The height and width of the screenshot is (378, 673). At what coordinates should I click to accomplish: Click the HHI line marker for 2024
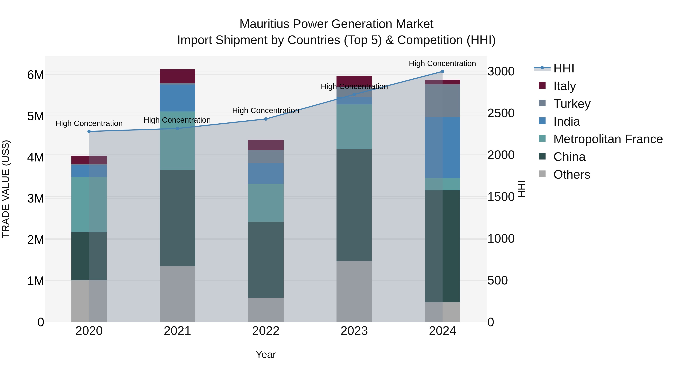click(442, 71)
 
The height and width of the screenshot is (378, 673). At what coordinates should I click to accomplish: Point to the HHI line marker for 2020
click(89, 131)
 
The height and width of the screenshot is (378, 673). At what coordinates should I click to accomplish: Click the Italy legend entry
click(564, 86)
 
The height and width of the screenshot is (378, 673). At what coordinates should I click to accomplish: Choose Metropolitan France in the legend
click(608, 139)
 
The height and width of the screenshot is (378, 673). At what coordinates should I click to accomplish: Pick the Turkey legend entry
click(572, 104)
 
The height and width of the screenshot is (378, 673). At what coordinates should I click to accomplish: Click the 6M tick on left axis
click(36, 75)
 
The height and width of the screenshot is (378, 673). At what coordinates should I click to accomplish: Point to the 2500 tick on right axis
click(501, 113)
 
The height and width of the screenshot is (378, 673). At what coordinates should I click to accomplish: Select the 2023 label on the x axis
click(354, 331)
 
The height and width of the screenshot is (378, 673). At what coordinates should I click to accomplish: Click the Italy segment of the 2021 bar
click(177, 76)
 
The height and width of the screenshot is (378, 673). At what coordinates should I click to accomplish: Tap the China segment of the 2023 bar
click(354, 205)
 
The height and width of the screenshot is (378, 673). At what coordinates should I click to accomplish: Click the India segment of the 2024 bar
click(442, 147)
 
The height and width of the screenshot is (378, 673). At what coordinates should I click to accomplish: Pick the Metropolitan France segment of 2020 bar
click(89, 205)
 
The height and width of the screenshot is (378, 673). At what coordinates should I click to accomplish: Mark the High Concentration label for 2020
click(89, 123)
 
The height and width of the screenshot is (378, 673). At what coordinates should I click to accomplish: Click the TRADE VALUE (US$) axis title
click(6, 189)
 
